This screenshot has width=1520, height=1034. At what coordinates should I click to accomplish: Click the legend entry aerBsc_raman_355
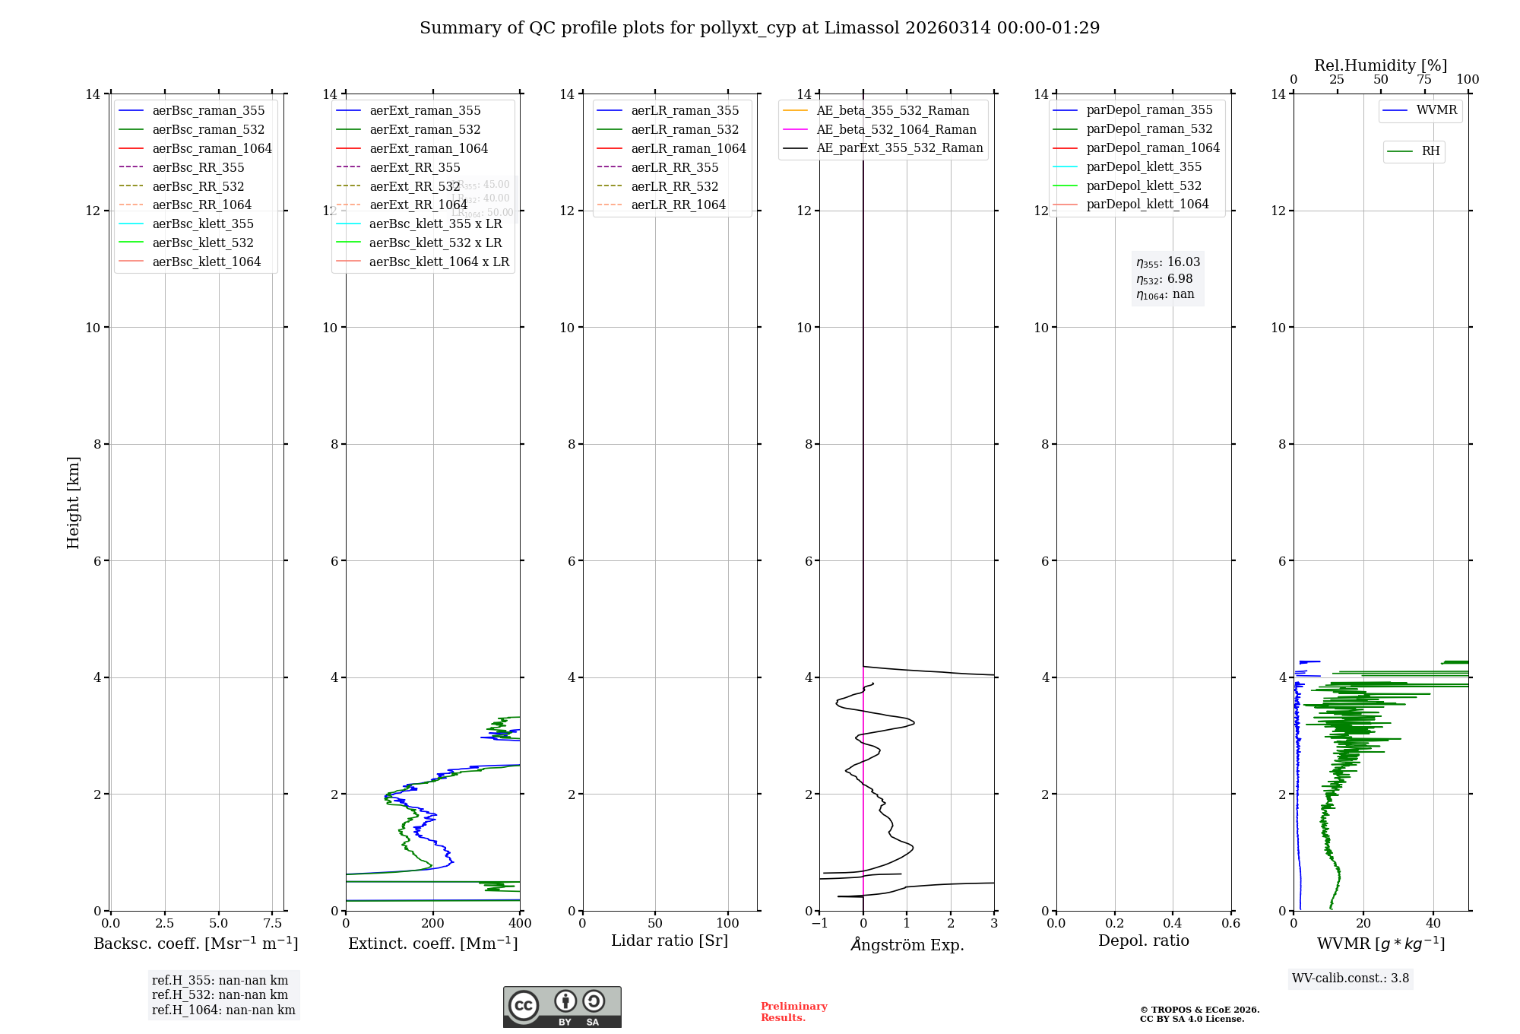click(208, 111)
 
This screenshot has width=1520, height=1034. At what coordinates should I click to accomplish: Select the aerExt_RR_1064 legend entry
click(418, 205)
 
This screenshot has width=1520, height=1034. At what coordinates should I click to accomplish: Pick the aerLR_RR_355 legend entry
click(674, 167)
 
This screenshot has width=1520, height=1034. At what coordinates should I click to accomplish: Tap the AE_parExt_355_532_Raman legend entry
click(899, 148)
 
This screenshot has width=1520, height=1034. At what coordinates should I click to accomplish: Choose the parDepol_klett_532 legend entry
click(1143, 186)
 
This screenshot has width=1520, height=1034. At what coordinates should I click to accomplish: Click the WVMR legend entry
click(1436, 110)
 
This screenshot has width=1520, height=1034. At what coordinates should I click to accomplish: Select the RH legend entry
click(1430, 151)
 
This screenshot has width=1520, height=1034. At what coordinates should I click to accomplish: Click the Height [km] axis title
click(73, 503)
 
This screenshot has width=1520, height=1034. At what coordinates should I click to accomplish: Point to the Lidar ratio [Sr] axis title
click(670, 941)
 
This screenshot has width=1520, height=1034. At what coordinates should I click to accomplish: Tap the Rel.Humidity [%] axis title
click(1380, 65)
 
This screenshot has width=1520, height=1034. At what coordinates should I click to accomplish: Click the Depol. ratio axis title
click(1143, 941)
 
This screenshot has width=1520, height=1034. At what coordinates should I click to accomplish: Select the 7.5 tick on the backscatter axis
click(273, 924)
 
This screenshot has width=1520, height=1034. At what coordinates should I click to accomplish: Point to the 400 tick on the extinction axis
click(520, 924)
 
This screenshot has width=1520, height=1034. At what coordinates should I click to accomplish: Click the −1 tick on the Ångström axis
click(819, 924)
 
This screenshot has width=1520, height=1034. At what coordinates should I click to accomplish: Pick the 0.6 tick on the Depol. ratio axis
click(1230, 924)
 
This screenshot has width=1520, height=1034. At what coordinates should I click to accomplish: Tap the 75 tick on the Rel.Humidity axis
click(1424, 80)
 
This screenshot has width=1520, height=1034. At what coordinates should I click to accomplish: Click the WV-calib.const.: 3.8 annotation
click(1351, 978)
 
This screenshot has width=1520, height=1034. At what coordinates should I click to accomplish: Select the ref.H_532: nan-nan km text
click(220, 995)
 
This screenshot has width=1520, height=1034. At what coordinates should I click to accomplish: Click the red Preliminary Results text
click(793, 1012)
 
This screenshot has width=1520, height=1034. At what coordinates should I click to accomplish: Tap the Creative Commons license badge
click(562, 1007)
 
